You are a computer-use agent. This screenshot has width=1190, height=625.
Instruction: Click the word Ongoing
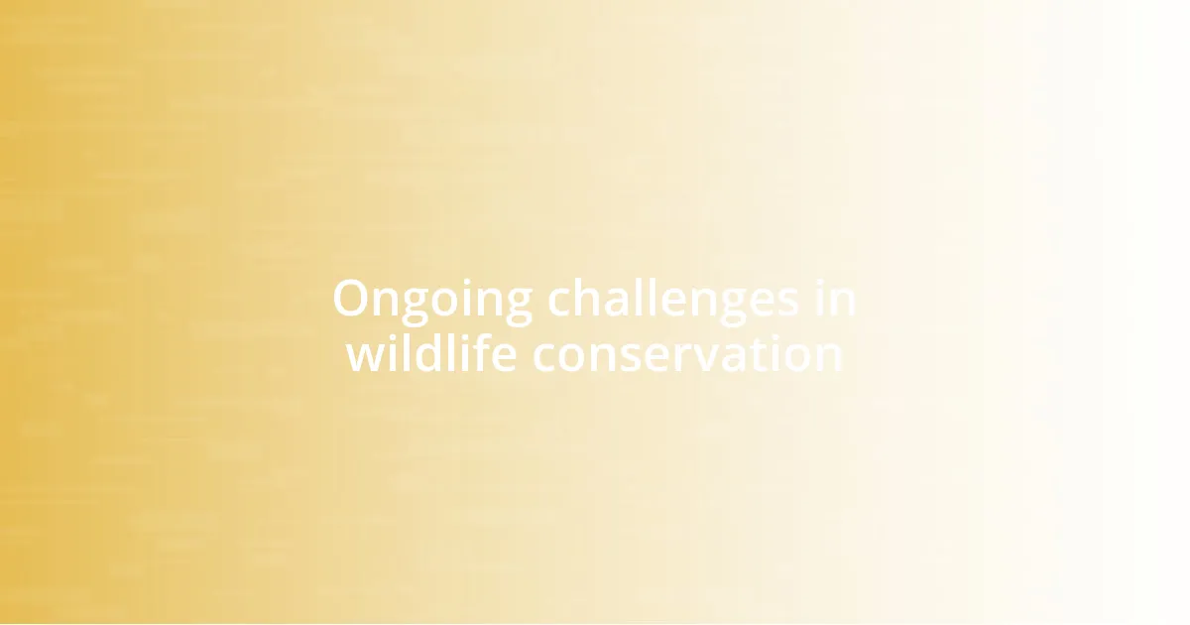pos(432,301)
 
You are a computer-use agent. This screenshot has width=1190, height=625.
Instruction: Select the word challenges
pos(673,301)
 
